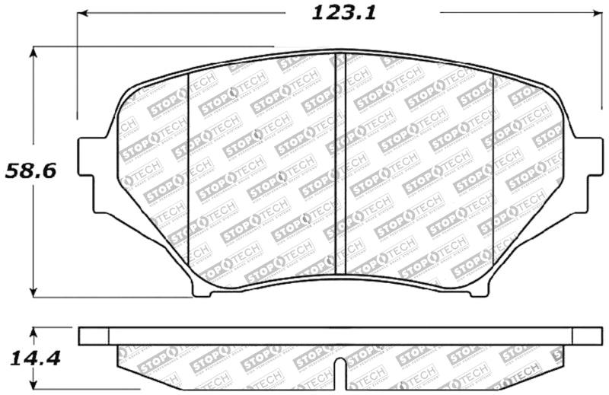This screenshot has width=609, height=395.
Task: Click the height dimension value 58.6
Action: [x=30, y=170]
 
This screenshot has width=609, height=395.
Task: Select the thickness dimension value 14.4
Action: [x=30, y=357]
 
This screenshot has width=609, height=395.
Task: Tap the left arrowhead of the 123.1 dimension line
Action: [x=83, y=13]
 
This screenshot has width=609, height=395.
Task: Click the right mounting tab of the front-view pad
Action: [x=586, y=176]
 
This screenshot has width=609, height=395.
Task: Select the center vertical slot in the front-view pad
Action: [x=340, y=164]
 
